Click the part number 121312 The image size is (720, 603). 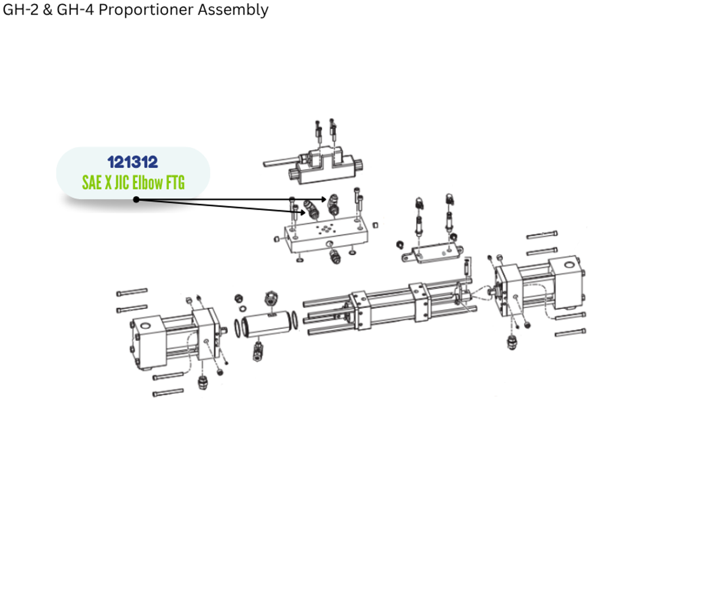pyautogui.click(x=133, y=162)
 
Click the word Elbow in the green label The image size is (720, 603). pyautogui.click(x=147, y=183)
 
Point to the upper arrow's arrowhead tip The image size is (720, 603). pyautogui.click(x=326, y=199)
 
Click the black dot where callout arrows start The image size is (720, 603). pyautogui.click(x=136, y=200)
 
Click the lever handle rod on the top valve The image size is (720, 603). pyautogui.click(x=280, y=162)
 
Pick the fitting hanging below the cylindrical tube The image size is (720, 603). pyautogui.click(x=258, y=351)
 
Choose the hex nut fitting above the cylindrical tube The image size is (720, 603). pyautogui.click(x=270, y=298)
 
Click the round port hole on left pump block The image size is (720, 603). pyautogui.click(x=146, y=325)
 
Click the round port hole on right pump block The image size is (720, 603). pyautogui.click(x=569, y=264)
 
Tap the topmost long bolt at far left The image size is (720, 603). pyautogui.click(x=132, y=292)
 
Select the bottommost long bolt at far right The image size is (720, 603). pyautogui.click(x=570, y=333)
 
